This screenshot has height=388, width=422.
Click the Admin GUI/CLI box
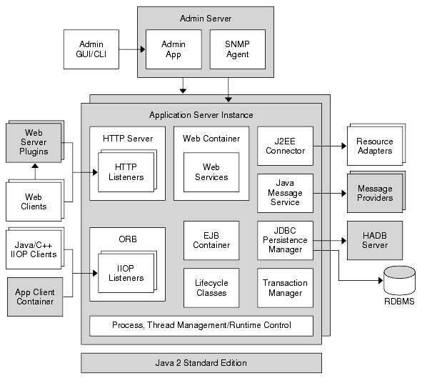[90, 49]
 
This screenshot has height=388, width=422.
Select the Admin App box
[169, 49]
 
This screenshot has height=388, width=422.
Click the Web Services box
[206, 172]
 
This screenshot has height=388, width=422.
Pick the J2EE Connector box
[284, 145]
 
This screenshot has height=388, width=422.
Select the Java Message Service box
[284, 193]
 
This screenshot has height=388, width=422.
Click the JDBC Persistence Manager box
[284, 240]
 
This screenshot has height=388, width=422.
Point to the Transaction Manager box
[284, 287]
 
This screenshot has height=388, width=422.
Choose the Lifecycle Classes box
[211, 287]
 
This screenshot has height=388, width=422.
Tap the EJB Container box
[211, 240]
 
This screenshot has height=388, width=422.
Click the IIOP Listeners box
[125, 273]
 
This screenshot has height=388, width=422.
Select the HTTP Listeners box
[125, 171]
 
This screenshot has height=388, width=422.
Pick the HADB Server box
[374, 240]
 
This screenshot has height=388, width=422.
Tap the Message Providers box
[374, 193]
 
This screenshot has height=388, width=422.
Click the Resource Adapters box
[374, 146]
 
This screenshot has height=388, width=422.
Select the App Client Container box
[34, 297]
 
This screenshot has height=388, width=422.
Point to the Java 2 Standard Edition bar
[201, 362]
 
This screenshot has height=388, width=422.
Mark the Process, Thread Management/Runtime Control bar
[201, 325]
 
